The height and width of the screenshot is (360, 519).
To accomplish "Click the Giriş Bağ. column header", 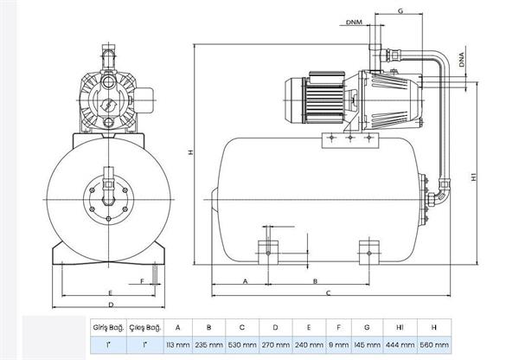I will [x=106, y=327].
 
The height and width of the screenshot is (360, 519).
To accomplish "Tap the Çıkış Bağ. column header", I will [x=142, y=327].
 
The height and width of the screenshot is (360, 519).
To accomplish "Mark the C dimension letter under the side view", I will [x=330, y=294].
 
